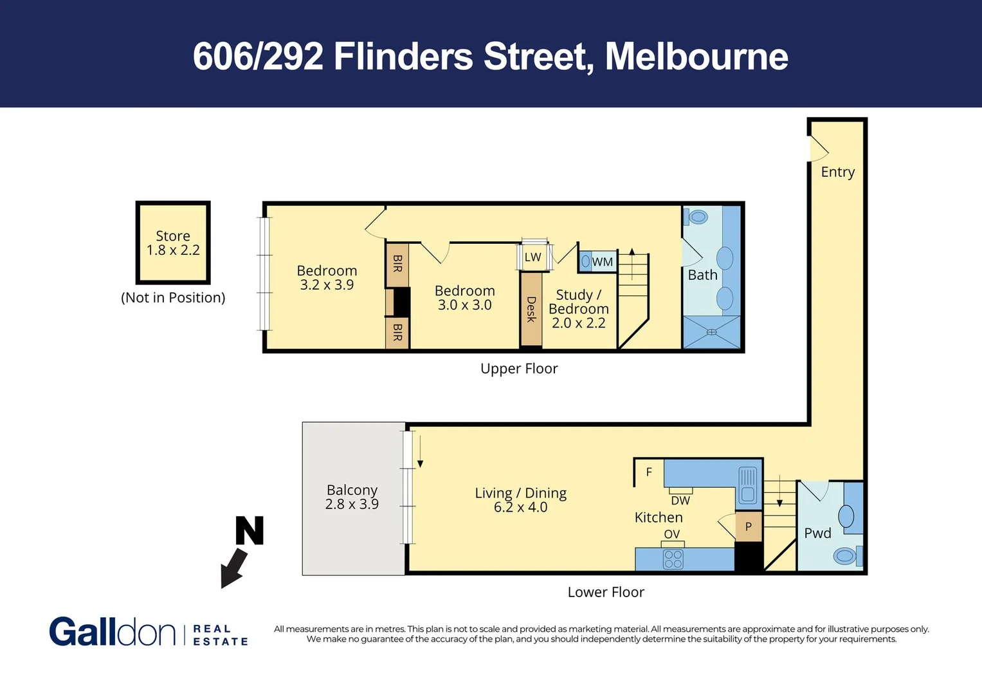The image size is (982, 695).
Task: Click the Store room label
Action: (173, 243)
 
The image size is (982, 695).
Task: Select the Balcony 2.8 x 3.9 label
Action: (352, 497)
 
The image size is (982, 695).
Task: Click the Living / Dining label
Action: (520, 499)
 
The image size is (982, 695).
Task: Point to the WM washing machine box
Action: (598, 262)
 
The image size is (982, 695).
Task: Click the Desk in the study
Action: (531, 310)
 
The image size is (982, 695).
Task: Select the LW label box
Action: (533, 257)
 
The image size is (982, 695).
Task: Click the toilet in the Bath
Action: (698, 217)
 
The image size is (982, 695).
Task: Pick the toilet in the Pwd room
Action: (845, 555)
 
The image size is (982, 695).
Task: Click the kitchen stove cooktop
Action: (673, 559)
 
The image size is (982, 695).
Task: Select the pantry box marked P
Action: (748, 526)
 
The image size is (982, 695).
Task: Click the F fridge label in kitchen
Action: (649, 472)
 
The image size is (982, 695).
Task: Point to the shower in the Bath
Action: (711, 332)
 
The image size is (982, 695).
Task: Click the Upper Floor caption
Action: (519, 369)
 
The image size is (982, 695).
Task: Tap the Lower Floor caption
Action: (606, 592)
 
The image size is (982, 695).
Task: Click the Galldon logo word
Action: (112, 632)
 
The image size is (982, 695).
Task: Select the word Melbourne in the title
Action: (696, 57)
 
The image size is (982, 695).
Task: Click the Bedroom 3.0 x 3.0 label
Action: (464, 298)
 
